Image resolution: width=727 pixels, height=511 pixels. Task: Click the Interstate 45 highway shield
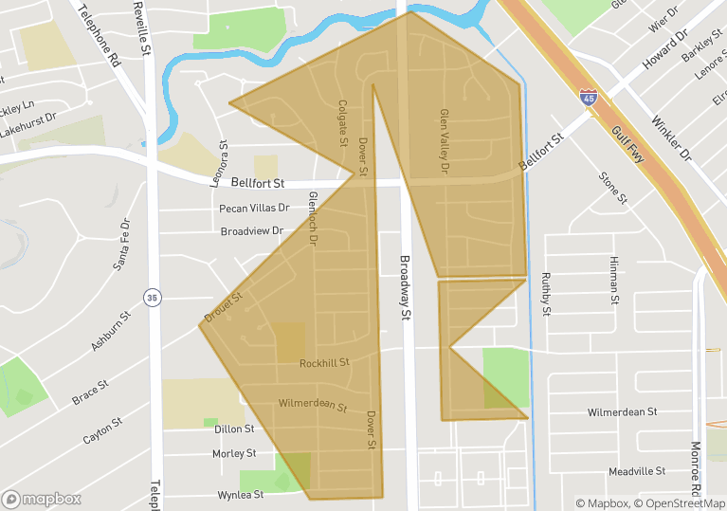pos(590,97)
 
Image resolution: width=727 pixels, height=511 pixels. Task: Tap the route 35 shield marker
pos(152,298)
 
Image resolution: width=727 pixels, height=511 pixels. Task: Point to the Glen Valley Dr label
pos(442,140)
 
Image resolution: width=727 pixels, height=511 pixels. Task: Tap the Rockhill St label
pos(325,362)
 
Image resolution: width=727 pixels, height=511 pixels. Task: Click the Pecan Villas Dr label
pos(250,208)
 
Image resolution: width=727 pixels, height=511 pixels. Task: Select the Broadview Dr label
pos(252,230)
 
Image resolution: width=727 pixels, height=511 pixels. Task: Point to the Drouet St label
pos(224,305)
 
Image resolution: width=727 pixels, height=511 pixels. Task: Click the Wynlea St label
pos(240,494)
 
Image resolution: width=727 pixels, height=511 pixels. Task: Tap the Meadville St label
pos(637,470)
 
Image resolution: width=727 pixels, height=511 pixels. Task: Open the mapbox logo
pos(42,499)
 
